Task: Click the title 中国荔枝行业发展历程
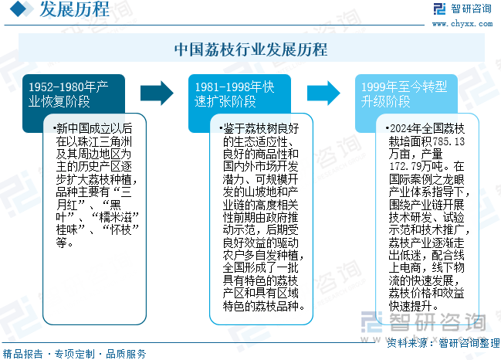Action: pos(251,49)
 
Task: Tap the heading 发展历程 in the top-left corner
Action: pos(74,8)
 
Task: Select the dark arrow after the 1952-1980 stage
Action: pos(157,93)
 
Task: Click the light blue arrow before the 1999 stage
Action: pos(323,93)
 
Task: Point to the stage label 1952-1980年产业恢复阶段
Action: pos(69,94)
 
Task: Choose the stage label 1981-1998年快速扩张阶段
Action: pos(235,94)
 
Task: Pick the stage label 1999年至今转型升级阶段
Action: pos(404,94)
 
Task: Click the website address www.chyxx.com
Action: pos(462,24)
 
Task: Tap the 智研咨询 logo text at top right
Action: pos(471,8)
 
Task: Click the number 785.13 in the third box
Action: pos(448,141)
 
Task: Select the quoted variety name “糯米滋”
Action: pos(115,217)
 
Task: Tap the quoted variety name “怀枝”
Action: pos(120,229)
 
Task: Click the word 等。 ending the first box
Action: pos(65,243)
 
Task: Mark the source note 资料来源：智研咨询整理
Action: pos(443,343)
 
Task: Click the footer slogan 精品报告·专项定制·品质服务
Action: pos(74,354)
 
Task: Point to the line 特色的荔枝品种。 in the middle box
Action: pos(263,306)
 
